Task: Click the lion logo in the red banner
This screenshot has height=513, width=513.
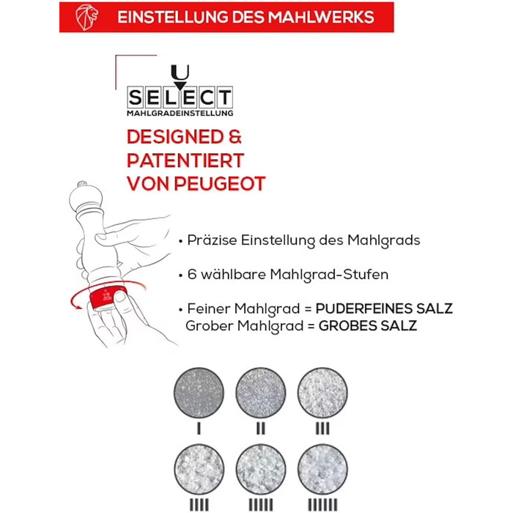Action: (86, 18)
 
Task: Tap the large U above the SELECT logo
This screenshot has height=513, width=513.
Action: (180, 73)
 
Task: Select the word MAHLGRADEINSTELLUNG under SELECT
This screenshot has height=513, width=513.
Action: (180, 113)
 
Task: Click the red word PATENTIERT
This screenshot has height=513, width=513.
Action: (185, 160)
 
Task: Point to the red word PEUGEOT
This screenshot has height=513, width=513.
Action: (220, 183)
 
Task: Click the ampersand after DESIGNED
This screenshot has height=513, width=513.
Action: (235, 137)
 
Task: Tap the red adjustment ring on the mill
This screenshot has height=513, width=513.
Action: (108, 298)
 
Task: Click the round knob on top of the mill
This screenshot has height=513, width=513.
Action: (86, 196)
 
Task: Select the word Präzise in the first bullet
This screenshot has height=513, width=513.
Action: (212, 240)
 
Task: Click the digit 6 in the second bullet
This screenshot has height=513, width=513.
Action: (192, 274)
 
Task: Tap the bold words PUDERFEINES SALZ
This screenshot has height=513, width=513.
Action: (384, 309)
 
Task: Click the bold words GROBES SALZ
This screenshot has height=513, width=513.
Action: (368, 326)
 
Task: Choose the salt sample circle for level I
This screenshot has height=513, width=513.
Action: (199, 393)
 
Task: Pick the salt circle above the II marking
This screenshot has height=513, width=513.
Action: (261, 393)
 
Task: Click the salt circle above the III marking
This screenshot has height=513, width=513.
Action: (322, 393)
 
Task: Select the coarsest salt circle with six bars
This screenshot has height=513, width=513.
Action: (322, 469)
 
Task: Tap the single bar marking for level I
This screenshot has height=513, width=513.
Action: (199, 429)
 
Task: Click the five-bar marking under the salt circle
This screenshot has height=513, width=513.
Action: (261, 505)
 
